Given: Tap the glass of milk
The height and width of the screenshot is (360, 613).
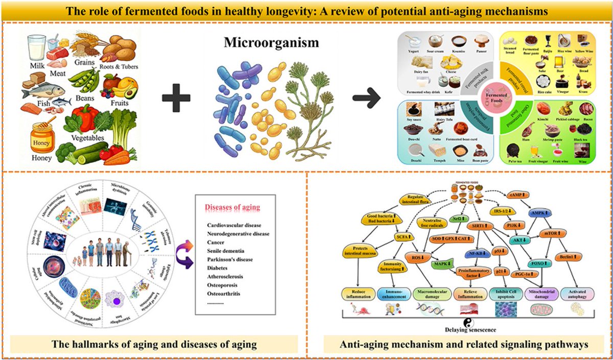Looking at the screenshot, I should [x=37, y=49].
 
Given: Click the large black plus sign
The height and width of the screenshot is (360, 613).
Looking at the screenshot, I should [x=180, y=96].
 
